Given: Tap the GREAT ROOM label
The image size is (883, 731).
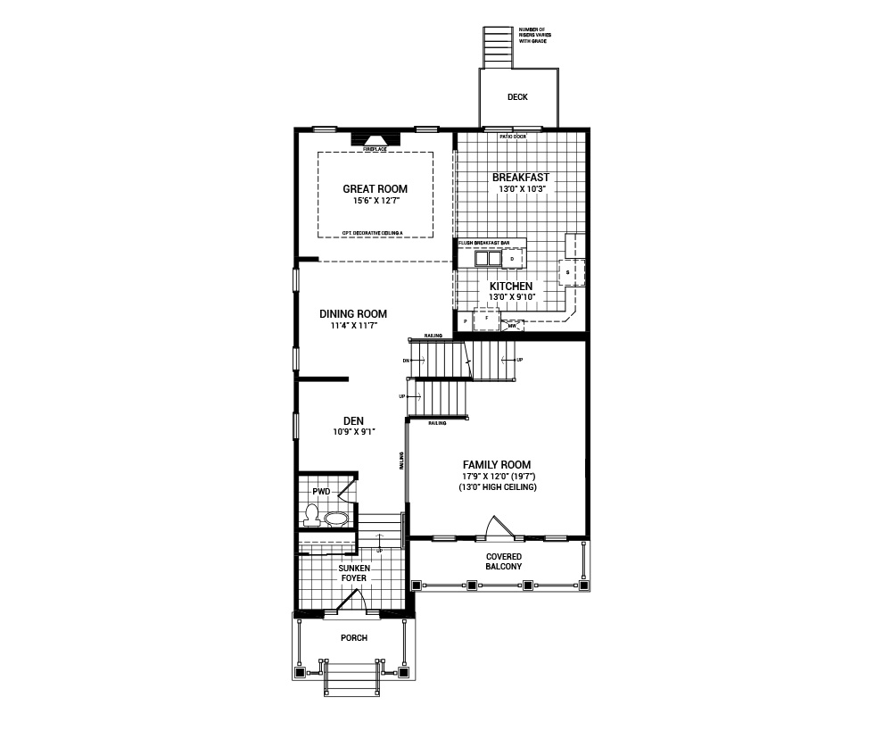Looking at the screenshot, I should (x=375, y=188).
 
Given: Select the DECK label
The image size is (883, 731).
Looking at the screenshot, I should (x=517, y=97).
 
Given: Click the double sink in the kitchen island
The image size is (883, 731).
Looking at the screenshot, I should (x=487, y=259).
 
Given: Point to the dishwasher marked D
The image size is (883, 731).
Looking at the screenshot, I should (x=513, y=259).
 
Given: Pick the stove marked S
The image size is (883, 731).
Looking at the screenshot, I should (x=568, y=271).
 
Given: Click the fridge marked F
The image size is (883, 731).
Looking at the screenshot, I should (x=486, y=318).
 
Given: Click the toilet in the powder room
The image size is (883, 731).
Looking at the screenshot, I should (x=311, y=514).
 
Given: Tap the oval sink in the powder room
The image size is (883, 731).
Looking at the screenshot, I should (x=336, y=518).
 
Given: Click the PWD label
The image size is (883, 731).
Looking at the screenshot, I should (x=321, y=492).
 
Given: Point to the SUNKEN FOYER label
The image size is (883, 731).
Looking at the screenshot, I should (x=354, y=573).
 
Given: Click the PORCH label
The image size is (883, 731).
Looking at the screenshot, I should (x=354, y=638).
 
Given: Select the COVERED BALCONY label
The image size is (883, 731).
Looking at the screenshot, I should (x=504, y=561).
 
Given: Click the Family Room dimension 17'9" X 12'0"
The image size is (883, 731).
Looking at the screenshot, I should (x=496, y=477).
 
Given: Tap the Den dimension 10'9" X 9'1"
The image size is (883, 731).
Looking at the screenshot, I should (x=353, y=432).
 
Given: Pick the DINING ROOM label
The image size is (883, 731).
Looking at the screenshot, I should (x=353, y=314).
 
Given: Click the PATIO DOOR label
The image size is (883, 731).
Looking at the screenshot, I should (x=513, y=137).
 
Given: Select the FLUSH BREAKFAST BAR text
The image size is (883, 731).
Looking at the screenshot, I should (x=484, y=242).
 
